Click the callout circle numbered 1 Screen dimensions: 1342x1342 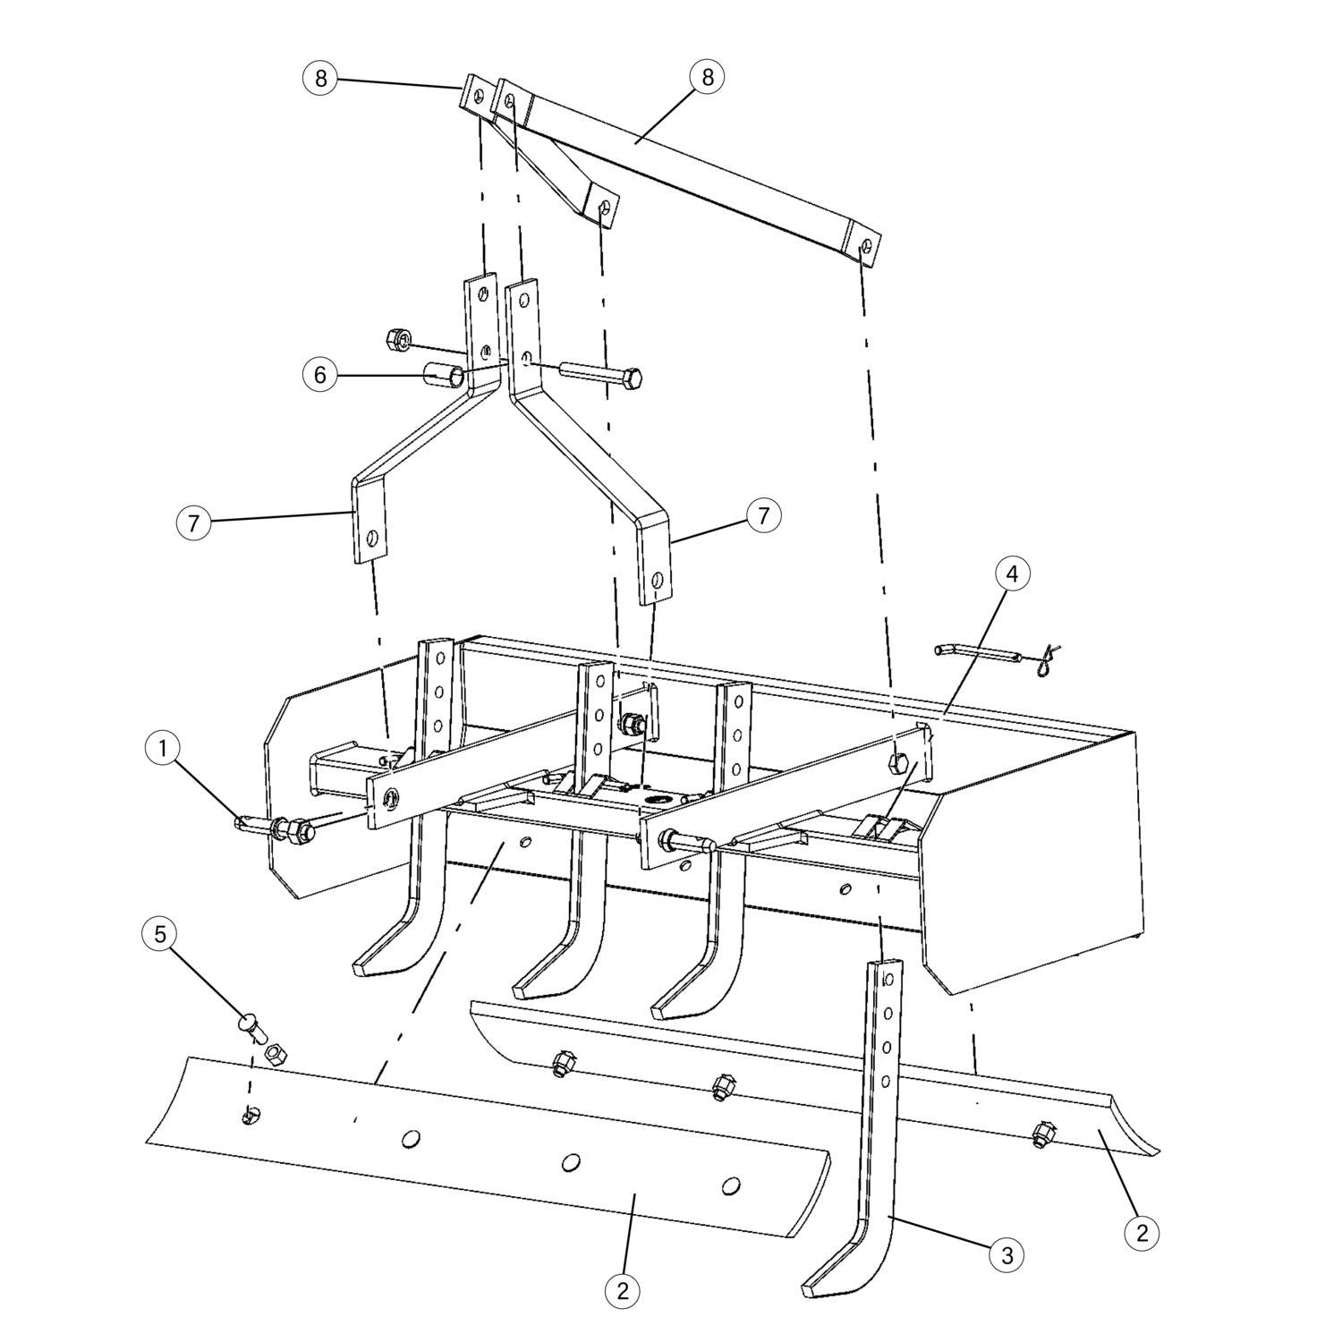(x=162, y=749)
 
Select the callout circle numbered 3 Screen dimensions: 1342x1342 (x=1007, y=1254)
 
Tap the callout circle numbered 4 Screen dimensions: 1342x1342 (x=1012, y=574)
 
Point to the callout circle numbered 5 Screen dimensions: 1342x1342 (x=160, y=935)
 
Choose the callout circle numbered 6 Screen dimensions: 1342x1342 (x=319, y=375)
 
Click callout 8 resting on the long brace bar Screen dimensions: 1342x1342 (x=707, y=77)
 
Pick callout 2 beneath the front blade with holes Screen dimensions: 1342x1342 (x=623, y=1290)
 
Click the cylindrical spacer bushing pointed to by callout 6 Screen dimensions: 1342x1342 (x=445, y=374)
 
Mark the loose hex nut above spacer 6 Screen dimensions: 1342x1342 (x=397, y=339)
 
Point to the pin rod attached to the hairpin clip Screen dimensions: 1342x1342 (x=977, y=652)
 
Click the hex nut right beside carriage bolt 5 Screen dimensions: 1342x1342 (x=277, y=1054)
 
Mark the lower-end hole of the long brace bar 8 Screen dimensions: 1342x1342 (x=864, y=248)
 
